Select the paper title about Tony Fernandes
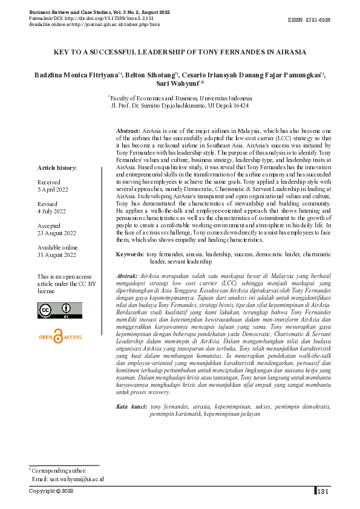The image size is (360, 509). pos(180,53)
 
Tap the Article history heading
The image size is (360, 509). pos(57,167)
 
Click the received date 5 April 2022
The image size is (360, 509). pos(53,189)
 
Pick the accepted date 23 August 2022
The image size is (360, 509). pos(56,233)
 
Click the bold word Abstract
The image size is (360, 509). pos(128,131)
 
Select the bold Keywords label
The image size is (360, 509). pos(129,255)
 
